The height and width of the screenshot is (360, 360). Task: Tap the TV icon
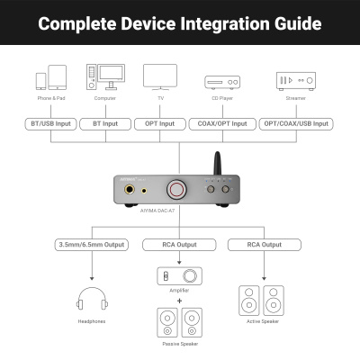coord(160,75)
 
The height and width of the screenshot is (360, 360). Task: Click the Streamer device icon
coord(296,80)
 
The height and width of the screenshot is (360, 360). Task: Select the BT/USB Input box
coord(49,123)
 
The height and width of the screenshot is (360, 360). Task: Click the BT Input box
coord(106,123)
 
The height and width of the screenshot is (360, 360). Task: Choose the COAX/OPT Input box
coord(221,123)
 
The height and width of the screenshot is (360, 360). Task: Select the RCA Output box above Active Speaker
coord(261,245)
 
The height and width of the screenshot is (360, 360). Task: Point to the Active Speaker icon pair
coord(261,301)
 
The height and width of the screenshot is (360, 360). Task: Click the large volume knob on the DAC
coord(174,190)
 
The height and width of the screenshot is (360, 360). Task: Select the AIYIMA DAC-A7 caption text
coord(174,217)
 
